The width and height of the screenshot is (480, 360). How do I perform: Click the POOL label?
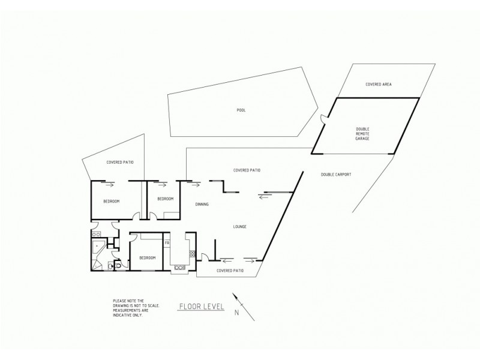click(241, 110)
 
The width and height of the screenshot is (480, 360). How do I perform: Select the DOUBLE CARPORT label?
click(335, 175)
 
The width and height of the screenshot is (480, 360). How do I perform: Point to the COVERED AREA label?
click(379, 85)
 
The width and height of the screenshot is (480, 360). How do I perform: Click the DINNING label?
click(202, 205)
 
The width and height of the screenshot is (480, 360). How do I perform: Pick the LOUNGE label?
click(240, 226)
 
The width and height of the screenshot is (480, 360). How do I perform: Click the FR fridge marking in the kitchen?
click(167, 242)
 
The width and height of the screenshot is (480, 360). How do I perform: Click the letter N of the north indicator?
click(236, 312)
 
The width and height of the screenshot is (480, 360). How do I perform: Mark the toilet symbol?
click(118, 265)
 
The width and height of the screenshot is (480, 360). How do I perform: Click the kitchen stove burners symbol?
click(192, 254)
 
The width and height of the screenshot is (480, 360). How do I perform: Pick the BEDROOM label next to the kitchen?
click(147, 257)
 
